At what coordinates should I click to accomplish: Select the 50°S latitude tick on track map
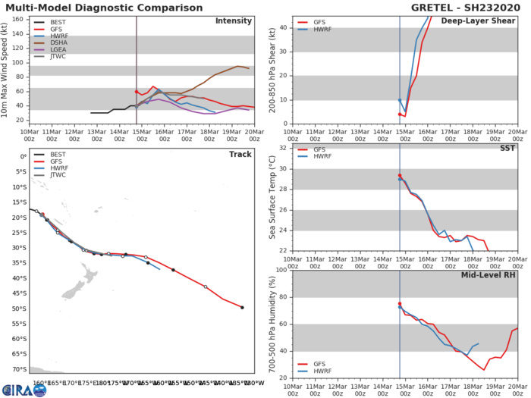(x=17, y=309)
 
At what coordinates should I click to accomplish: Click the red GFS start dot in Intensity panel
(x=137, y=92)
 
